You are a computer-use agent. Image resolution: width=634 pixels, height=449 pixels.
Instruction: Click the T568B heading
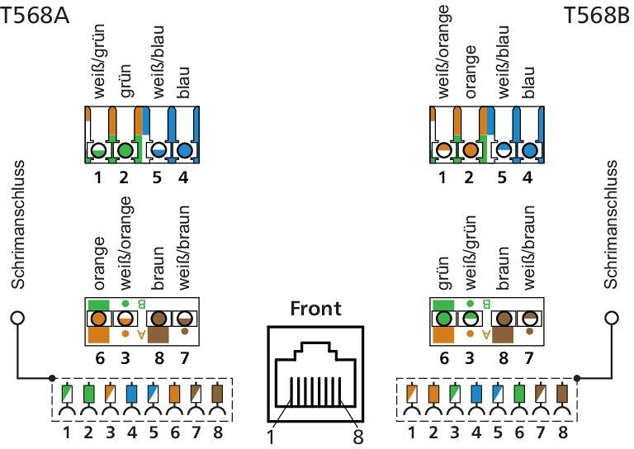(596, 16)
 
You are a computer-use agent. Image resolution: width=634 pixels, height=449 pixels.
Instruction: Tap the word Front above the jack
(315, 310)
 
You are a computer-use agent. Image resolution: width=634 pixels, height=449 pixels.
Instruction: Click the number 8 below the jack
(357, 435)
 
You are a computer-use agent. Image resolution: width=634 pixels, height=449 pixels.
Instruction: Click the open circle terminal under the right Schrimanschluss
(611, 318)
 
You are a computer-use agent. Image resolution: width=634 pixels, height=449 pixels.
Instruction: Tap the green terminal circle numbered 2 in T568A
(125, 151)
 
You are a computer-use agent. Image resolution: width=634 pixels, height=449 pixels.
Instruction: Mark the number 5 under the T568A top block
(156, 176)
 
